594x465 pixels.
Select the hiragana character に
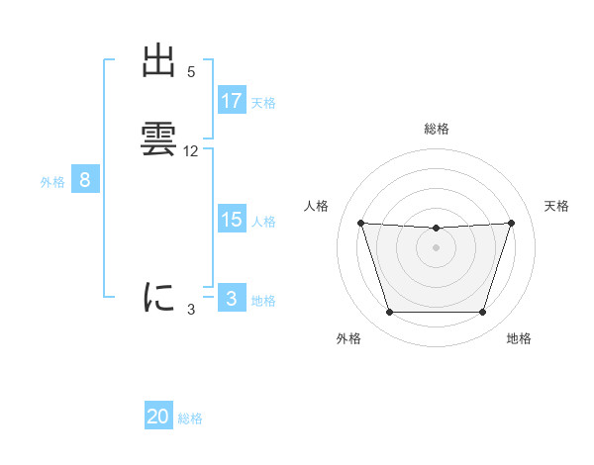tap(158, 297)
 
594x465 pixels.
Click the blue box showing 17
tap(232, 101)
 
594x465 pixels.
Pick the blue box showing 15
tap(232, 220)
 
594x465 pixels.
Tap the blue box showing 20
tap(158, 417)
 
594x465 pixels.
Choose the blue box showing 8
tap(85, 180)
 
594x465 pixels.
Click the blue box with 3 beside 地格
tap(232, 299)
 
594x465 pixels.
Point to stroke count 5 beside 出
tap(191, 72)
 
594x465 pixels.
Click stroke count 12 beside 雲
tap(191, 151)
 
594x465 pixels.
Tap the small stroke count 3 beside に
tap(191, 310)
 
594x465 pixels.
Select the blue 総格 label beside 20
tap(190, 418)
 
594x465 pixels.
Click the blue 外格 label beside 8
tap(52, 182)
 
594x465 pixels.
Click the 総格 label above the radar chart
tap(436, 129)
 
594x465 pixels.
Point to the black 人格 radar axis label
tap(317, 206)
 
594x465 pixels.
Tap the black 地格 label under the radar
tap(519, 338)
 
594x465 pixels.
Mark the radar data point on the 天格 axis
tap(511, 223)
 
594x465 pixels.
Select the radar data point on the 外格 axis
tap(389, 313)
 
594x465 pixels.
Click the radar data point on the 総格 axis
tap(436, 229)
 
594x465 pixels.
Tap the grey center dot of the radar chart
tap(436, 247)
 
